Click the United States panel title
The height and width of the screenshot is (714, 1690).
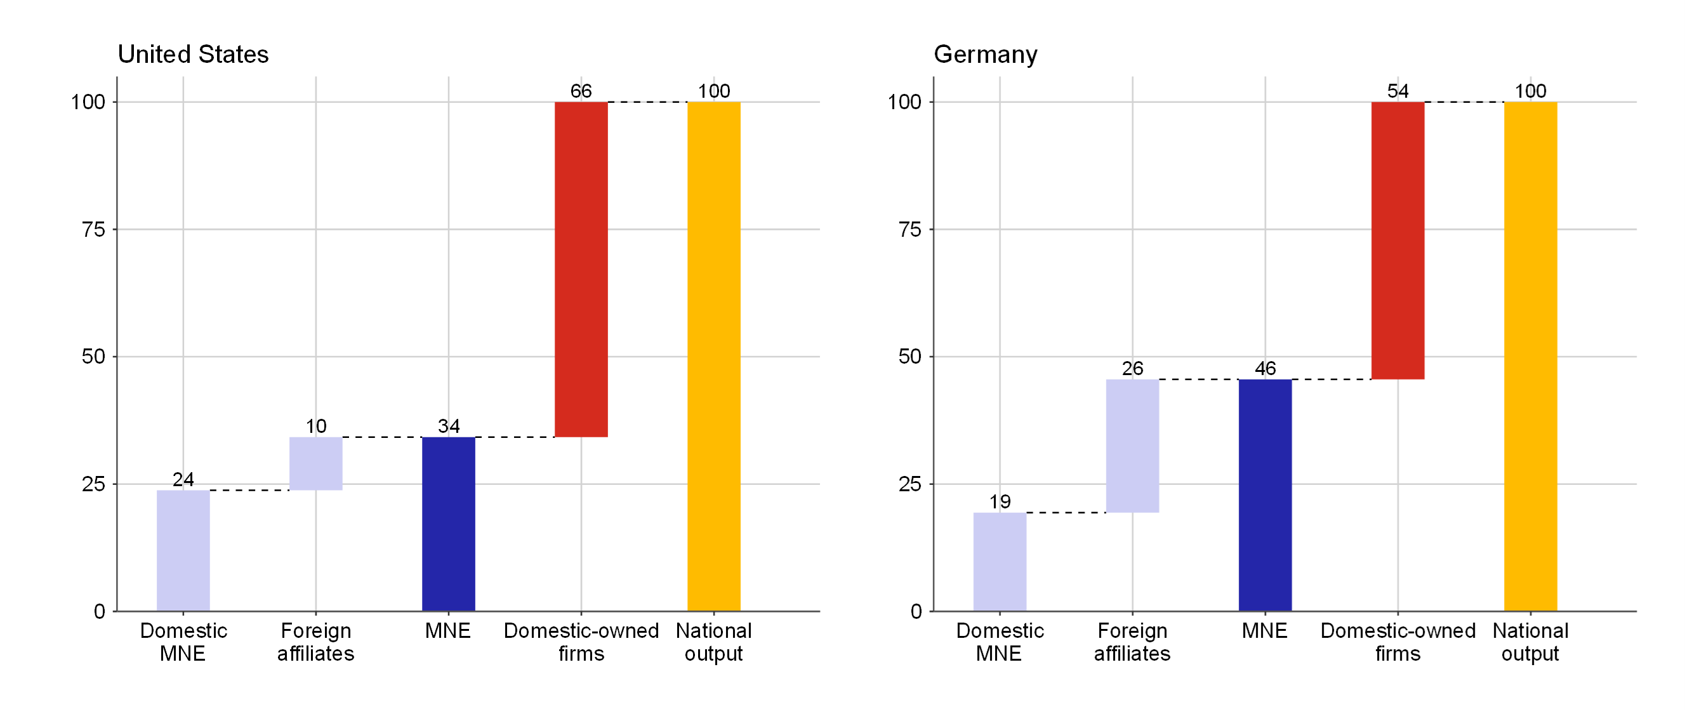[193, 54]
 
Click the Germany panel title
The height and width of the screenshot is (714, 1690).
[985, 54]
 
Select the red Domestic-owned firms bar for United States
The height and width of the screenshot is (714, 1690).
[581, 269]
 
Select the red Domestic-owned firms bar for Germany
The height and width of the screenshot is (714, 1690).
[1397, 240]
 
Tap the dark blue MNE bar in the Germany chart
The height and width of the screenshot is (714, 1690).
[1264, 495]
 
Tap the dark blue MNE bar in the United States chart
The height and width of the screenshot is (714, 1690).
[448, 524]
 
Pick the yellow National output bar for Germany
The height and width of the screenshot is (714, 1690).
[1530, 356]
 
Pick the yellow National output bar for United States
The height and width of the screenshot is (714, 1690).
[713, 356]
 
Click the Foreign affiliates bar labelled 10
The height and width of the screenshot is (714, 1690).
[315, 463]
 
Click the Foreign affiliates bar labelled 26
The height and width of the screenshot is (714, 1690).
[1132, 446]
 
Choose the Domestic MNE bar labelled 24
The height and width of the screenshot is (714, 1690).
[183, 550]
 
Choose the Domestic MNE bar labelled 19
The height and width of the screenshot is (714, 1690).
[999, 562]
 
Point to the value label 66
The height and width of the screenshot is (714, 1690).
[581, 91]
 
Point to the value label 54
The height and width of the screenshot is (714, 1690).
[1397, 91]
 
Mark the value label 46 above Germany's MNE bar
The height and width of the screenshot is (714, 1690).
[1264, 368]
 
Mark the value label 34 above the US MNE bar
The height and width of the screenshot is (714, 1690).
[448, 426]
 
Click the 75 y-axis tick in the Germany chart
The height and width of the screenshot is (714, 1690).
[909, 229]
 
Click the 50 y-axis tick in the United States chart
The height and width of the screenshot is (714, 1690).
[93, 356]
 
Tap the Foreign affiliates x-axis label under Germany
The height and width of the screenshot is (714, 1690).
[1132, 642]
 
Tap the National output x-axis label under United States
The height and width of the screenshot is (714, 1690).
[713, 642]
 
